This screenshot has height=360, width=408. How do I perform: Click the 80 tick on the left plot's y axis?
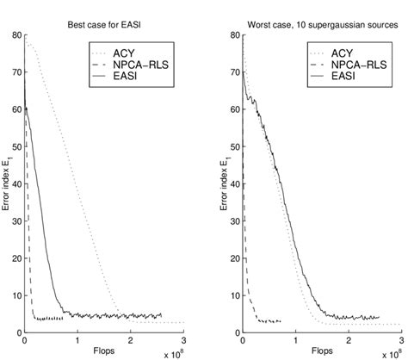coord(15,36)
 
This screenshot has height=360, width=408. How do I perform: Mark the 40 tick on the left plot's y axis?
coord(15,184)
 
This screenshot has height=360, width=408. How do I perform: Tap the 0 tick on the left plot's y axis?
coord(18,332)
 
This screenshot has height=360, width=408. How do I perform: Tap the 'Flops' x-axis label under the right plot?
coord(320,351)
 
